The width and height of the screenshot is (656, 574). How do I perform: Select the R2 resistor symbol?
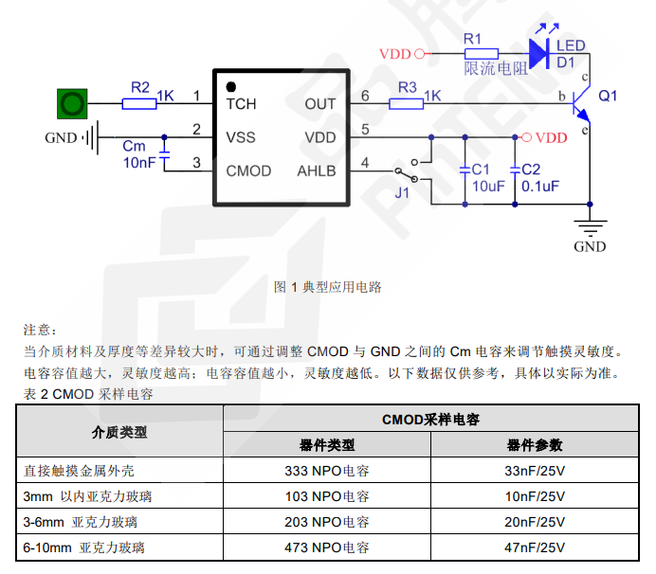pyautogui.click(x=139, y=102)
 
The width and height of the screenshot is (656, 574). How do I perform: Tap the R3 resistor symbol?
pyautogui.click(x=409, y=102)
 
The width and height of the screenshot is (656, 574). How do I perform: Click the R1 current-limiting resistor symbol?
pyautogui.click(x=480, y=53)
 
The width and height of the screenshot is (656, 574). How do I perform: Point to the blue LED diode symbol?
pyautogui.click(x=540, y=53)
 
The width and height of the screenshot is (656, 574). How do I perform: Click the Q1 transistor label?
pyautogui.click(x=608, y=96)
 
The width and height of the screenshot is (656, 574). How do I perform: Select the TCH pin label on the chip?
pyautogui.click(x=241, y=103)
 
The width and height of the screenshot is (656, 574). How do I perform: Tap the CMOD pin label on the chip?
pyautogui.click(x=248, y=171)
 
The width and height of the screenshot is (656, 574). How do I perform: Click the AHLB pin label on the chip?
pyautogui.click(x=317, y=171)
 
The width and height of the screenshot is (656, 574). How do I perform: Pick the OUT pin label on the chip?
pyautogui.click(x=320, y=103)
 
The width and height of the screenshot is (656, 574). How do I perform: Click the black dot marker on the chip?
pyautogui.click(x=230, y=86)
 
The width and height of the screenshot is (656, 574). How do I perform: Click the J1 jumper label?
pyautogui.click(x=402, y=193)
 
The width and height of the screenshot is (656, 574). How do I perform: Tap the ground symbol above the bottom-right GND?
pyautogui.click(x=590, y=225)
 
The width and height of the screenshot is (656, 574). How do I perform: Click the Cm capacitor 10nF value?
pyautogui.click(x=139, y=163)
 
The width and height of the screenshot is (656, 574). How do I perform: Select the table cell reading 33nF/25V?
pyautogui.click(x=535, y=470)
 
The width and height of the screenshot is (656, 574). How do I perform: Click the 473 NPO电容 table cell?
pyautogui.click(x=326, y=547)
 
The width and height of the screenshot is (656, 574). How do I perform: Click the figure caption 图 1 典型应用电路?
pyautogui.click(x=327, y=286)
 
